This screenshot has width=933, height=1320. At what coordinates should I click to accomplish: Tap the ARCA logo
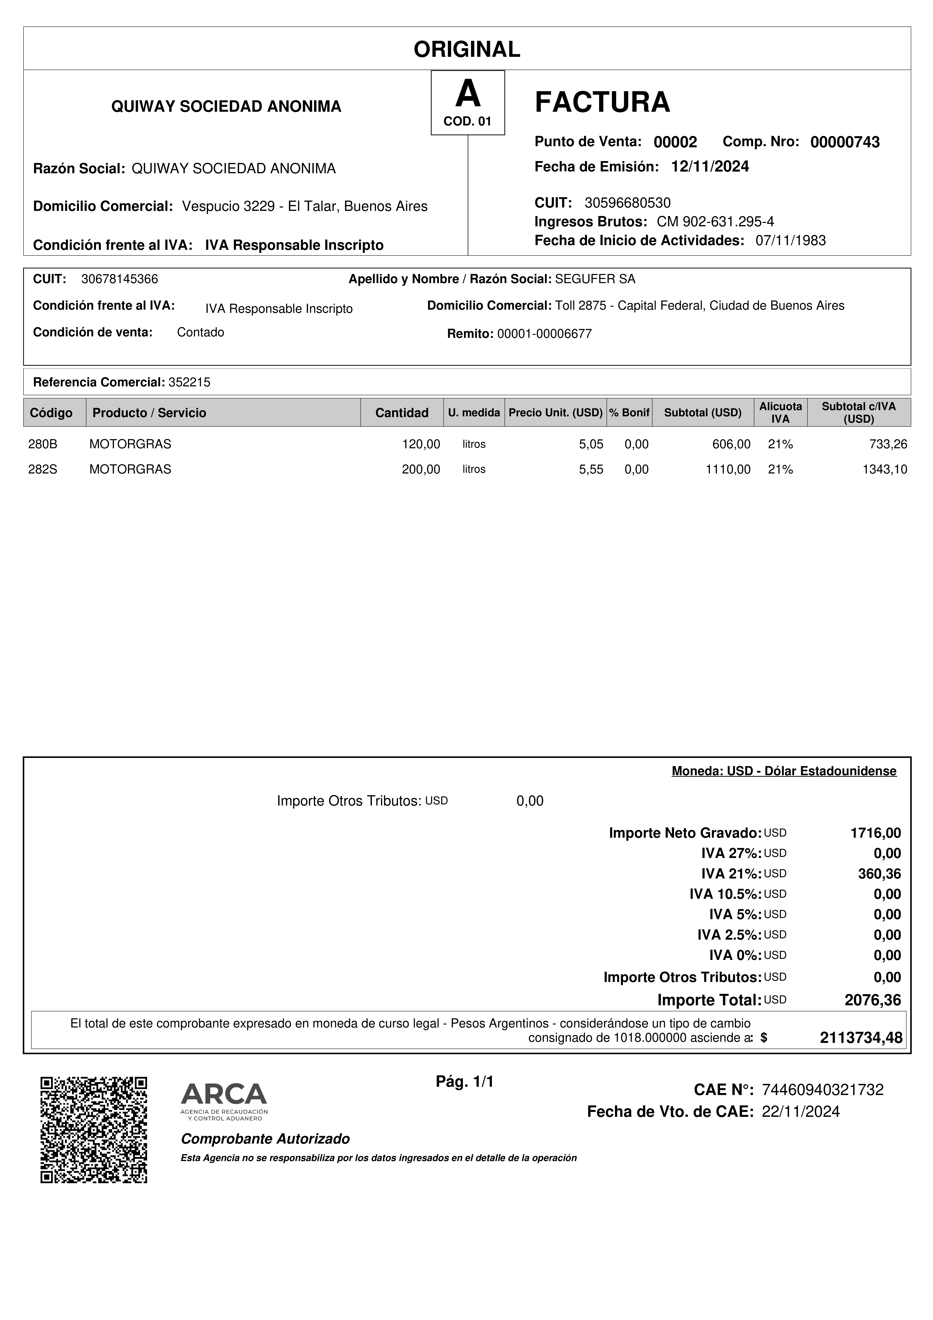tap(224, 1101)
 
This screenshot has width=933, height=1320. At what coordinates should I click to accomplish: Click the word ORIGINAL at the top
tap(467, 49)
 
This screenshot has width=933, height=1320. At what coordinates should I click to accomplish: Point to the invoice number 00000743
tap(844, 142)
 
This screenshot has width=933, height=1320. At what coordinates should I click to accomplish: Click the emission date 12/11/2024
tap(710, 167)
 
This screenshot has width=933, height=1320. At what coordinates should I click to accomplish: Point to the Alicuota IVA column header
tap(780, 413)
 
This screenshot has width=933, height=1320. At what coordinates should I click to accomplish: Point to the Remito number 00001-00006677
tap(544, 334)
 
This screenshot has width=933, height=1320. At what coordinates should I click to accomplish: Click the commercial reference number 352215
tap(189, 382)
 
